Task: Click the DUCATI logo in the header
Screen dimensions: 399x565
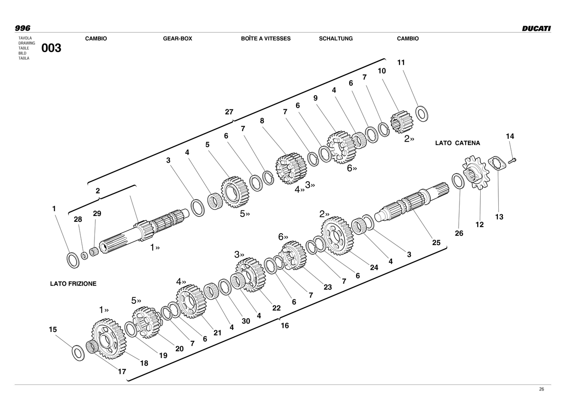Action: (536, 28)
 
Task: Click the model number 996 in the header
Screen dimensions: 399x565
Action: (23, 28)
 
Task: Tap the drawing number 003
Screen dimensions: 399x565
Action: (51, 48)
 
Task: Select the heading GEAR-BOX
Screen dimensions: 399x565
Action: (177, 39)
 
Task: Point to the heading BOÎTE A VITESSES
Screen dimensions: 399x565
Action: (266, 39)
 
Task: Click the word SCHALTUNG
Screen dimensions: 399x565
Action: (336, 39)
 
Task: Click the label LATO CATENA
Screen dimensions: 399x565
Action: (457, 143)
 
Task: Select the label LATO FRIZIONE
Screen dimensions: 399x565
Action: (73, 284)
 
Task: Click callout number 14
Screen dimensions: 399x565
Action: (510, 137)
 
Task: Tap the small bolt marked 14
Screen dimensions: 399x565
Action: (512, 161)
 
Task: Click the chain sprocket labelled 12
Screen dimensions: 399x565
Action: (475, 173)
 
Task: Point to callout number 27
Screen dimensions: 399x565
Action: (229, 112)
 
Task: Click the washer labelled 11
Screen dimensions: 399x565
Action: (422, 114)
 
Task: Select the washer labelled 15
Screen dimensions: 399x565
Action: (78, 353)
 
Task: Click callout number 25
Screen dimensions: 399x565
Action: (436, 242)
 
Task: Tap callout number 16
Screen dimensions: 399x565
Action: (285, 326)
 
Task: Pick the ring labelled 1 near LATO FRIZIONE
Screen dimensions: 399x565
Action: (73, 260)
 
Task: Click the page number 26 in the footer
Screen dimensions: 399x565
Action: (541, 389)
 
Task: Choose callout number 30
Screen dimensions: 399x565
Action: (246, 321)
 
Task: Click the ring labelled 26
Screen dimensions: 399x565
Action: (458, 181)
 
